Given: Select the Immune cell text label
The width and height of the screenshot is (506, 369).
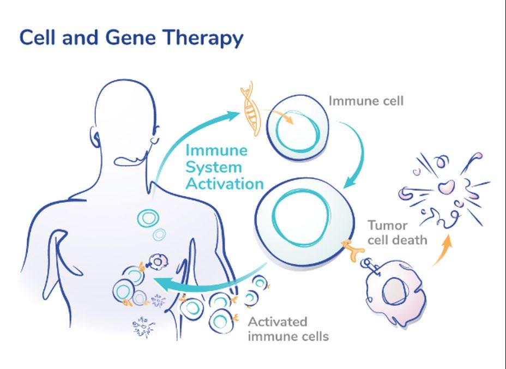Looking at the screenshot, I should pyautogui.click(x=365, y=101).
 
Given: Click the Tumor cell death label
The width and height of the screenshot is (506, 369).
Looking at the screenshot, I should pyautogui.click(x=397, y=232).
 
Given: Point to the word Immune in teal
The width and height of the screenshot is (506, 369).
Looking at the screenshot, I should pyautogui.click(x=216, y=150).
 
